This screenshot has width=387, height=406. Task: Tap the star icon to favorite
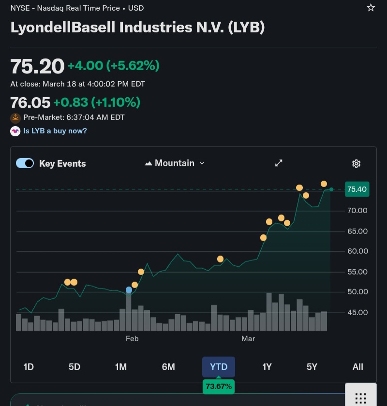point(371,8)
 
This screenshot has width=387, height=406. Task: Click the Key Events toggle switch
point(25,163)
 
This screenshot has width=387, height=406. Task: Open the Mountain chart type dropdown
point(175,163)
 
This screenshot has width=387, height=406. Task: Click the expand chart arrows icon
point(279,163)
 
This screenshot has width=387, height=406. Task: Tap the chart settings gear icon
point(357,164)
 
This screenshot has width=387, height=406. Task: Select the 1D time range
point(29,367)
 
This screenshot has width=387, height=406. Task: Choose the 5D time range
point(74,367)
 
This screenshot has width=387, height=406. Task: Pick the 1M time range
point(121,367)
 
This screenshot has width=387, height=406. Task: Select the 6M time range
point(168,367)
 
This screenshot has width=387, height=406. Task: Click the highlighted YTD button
point(219,367)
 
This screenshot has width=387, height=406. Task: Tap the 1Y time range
point(267,367)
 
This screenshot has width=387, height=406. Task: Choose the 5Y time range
point(312,367)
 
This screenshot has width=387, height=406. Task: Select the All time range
point(357,367)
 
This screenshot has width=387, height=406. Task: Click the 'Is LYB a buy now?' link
point(55,131)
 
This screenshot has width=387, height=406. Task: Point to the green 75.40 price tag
point(357,189)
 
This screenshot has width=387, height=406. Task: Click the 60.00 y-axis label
point(357,251)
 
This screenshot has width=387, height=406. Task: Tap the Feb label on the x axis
point(132,339)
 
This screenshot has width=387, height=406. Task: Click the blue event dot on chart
point(129,290)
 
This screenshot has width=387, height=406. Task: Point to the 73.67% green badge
point(219,386)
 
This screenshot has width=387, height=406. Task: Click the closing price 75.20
point(37,66)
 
